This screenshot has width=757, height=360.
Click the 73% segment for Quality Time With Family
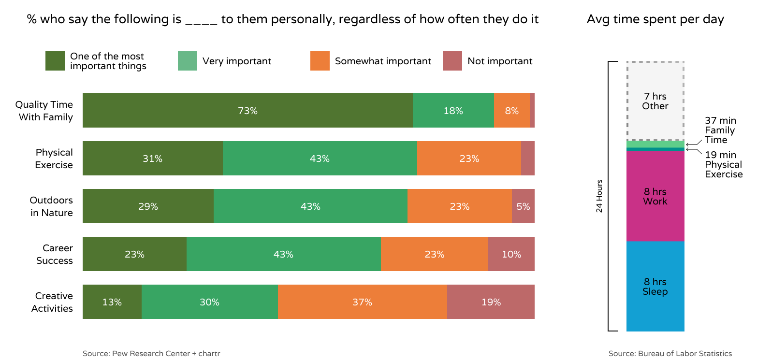tap(247, 111)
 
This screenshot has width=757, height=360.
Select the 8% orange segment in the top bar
tap(511, 111)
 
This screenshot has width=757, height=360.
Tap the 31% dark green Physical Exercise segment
tap(152, 158)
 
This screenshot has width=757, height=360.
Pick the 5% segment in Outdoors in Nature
tap(523, 206)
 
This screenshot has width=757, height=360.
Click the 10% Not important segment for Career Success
tap(511, 254)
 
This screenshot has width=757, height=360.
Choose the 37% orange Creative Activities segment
tap(362, 302)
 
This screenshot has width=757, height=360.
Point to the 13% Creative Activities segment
tap(112, 302)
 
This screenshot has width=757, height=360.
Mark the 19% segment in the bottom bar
tap(491, 302)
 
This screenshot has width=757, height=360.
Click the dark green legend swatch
tap(55, 61)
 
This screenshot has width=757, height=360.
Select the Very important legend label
tap(237, 61)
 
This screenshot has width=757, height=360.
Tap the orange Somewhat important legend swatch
tap(320, 61)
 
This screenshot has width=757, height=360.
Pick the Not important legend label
tap(500, 61)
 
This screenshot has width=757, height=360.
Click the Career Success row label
tap(55, 254)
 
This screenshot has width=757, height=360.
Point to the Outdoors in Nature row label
tap(51, 206)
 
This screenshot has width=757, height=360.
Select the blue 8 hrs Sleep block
tap(655, 287)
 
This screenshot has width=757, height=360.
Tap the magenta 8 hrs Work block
tap(655, 197)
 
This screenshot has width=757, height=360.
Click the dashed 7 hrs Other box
tap(655, 101)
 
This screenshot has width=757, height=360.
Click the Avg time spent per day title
tap(655, 19)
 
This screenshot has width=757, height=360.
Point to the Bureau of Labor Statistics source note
tap(670, 354)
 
